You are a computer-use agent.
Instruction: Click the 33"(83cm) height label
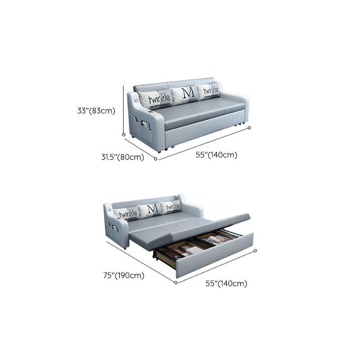[x=96, y=111]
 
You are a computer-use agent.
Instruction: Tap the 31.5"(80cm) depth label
[x=122, y=157]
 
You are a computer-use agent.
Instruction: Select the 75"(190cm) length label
[x=124, y=275]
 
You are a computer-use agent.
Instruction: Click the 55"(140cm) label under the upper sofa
[x=216, y=155]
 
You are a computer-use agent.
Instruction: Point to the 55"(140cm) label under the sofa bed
[x=226, y=283]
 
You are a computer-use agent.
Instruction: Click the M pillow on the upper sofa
[x=185, y=94]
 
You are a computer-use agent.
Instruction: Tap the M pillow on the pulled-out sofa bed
[x=150, y=210]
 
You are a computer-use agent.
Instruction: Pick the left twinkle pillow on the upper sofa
[x=156, y=99]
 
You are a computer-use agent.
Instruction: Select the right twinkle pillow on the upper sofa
[x=209, y=91]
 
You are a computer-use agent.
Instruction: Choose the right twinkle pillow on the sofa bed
[x=171, y=207]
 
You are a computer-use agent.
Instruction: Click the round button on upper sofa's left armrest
[x=136, y=100]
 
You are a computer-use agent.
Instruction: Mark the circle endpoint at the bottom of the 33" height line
[x=124, y=135]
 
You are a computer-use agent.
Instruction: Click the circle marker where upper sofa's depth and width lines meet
[x=156, y=159]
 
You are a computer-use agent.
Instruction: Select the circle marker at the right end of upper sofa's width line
[x=250, y=128]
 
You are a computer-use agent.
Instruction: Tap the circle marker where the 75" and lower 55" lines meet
[x=176, y=283]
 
